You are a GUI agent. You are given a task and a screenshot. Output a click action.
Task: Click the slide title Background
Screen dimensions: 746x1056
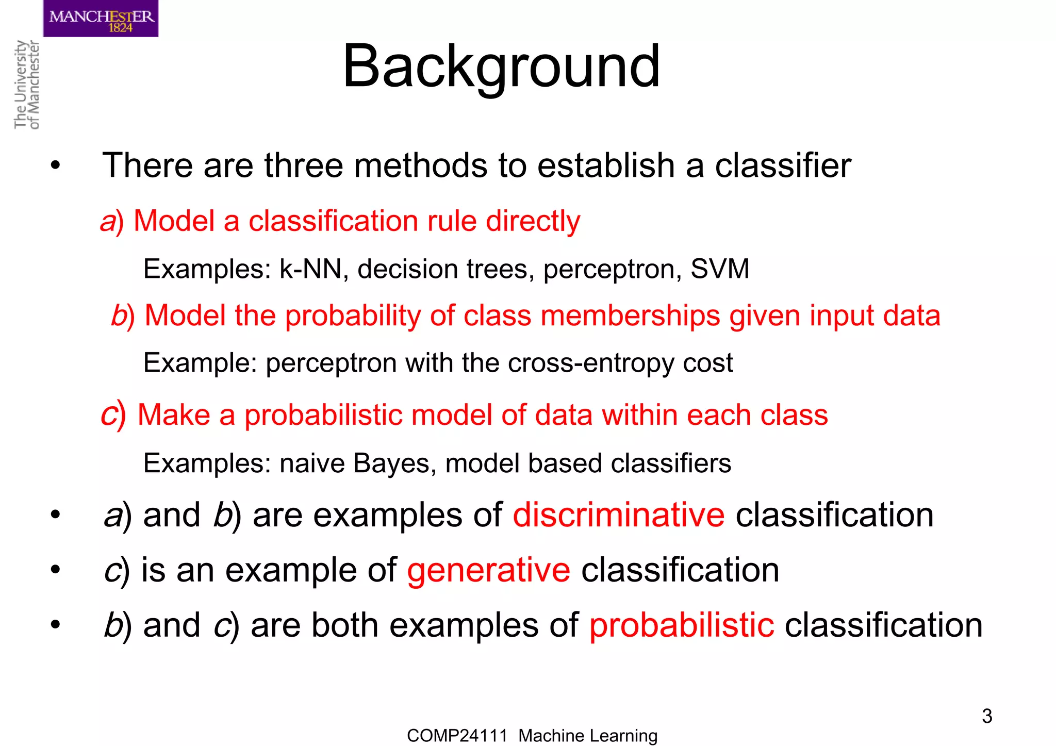pyautogui.click(x=501, y=67)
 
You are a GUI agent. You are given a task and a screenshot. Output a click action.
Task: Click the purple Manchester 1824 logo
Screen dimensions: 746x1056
pyautogui.click(x=101, y=19)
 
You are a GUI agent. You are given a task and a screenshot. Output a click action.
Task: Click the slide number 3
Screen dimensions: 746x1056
pyautogui.click(x=986, y=716)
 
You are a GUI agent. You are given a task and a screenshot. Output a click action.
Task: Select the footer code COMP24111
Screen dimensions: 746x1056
pyautogui.click(x=457, y=736)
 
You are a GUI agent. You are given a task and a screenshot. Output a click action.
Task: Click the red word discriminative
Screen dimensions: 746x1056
pyautogui.click(x=618, y=515)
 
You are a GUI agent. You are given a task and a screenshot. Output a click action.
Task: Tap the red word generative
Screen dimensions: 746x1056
pyautogui.click(x=488, y=570)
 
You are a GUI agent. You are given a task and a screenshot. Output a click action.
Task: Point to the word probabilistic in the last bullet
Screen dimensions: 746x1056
pyautogui.click(x=681, y=625)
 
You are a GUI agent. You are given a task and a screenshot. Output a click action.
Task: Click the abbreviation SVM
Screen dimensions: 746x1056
pyautogui.click(x=719, y=269)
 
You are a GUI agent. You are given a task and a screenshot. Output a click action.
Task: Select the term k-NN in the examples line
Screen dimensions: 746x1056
pyautogui.click(x=310, y=269)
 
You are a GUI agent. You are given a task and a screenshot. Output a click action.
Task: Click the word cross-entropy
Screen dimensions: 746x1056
pyautogui.click(x=591, y=363)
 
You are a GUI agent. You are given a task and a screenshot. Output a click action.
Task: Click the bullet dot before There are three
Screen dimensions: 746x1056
pyautogui.click(x=55, y=166)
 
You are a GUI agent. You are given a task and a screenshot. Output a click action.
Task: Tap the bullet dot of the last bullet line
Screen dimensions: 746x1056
pyautogui.click(x=55, y=625)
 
